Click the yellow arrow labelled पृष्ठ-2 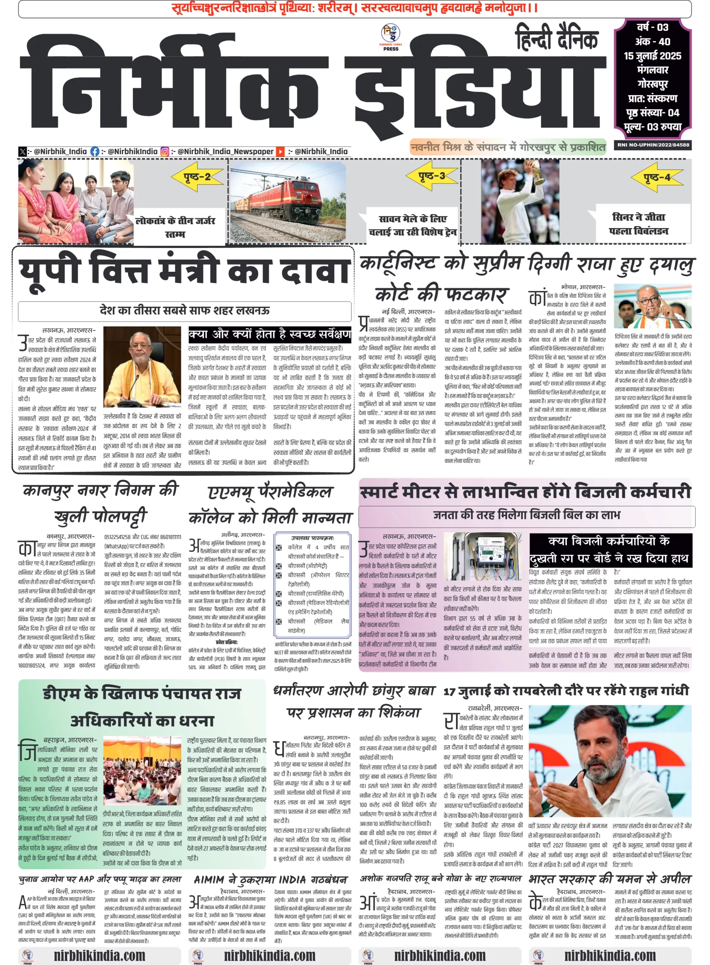197,177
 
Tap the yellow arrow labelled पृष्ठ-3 432,176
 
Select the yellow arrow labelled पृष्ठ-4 657,177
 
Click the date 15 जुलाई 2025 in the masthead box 652,56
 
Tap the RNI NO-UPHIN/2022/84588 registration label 653,145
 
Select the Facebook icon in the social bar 95,151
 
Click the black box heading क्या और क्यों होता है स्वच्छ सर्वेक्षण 269,334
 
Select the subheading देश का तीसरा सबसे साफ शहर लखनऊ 184,310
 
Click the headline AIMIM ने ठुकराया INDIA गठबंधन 270,879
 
